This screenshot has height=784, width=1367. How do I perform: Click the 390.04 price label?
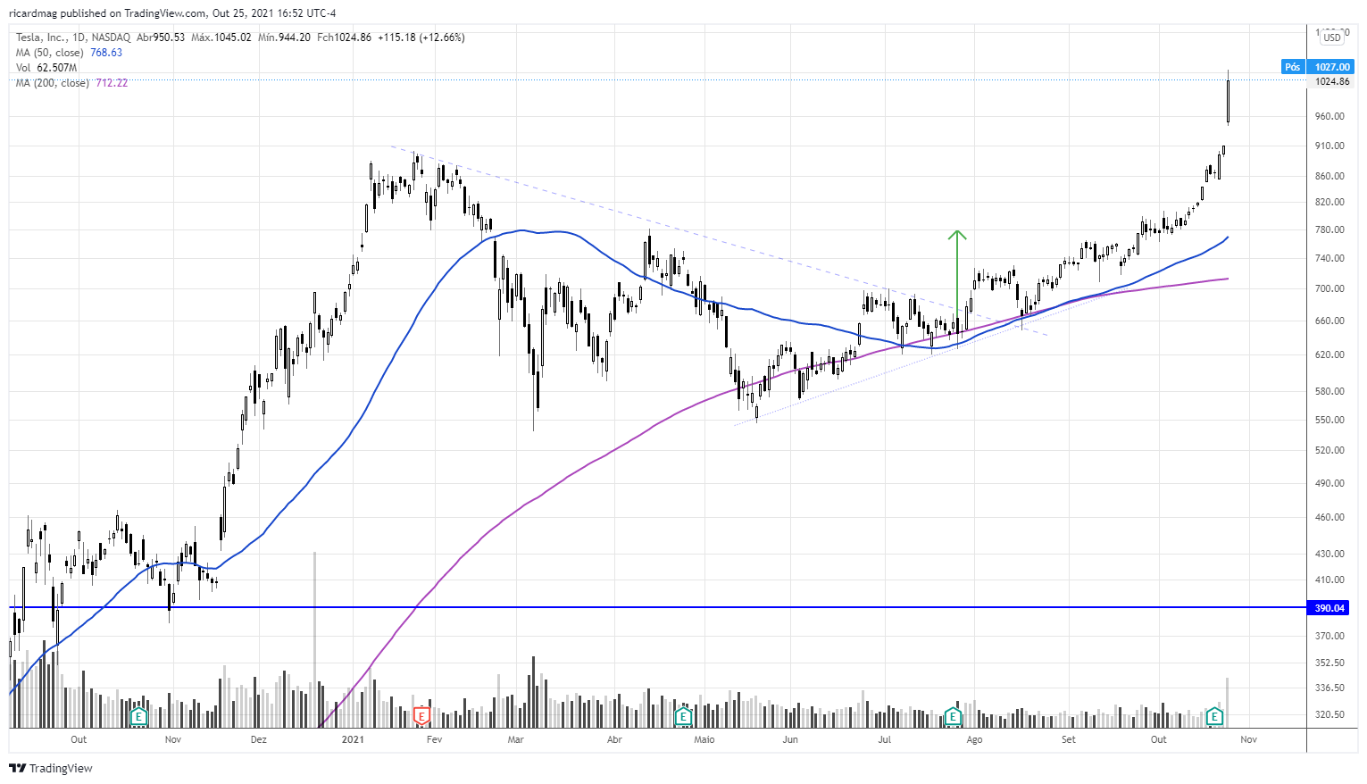coord(1329,608)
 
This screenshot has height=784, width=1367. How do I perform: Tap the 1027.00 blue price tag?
coord(1331,67)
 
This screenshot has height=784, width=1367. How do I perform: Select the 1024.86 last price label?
coord(1331,81)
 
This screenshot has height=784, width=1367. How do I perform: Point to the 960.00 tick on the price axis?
coord(1329,116)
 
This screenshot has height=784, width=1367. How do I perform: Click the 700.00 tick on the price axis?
coord(1329,288)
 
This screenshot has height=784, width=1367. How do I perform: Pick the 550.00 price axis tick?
coord(1329,420)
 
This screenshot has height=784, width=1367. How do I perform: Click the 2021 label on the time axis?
coord(353,739)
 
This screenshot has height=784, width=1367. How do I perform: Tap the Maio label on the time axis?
coord(704,739)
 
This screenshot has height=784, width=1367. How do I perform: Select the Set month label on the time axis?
coord(1069,739)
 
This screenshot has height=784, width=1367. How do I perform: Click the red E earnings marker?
coord(421,715)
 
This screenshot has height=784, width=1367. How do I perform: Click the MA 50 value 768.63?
coord(106,53)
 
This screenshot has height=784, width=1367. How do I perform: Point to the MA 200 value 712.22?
coord(112,83)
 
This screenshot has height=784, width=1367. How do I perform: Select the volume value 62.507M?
coord(57,68)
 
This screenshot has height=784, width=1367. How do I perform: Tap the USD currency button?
coord(1332,38)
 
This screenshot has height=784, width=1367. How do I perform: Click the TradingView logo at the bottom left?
coord(51,768)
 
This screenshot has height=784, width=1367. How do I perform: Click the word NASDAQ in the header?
coord(111,38)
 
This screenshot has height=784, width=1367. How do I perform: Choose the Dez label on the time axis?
coord(258,739)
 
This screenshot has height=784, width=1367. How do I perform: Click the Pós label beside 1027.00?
coord(1292,67)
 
